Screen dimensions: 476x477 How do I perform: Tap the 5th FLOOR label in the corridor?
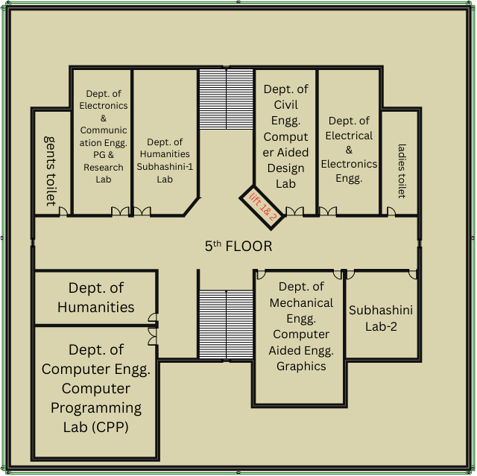point(238,246)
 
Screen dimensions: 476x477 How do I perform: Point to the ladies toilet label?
point(402,171)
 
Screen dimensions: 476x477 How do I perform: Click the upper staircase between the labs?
point(226,98)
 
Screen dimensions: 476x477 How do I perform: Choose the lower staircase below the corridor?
point(226,324)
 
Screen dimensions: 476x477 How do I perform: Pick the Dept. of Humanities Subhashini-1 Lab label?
point(165,161)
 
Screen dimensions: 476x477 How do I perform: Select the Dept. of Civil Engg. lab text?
point(285,136)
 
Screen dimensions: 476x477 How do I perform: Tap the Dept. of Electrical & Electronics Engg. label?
point(349,150)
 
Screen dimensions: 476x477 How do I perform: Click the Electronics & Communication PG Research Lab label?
point(104,136)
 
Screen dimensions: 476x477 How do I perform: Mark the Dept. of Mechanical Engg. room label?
point(301,326)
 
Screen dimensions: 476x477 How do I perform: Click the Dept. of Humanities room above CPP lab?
point(96,297)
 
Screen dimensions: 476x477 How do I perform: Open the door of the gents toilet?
point(64,212)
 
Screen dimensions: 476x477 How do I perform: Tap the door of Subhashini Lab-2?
point(412,274)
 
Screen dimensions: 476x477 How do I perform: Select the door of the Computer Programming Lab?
point(153,336)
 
